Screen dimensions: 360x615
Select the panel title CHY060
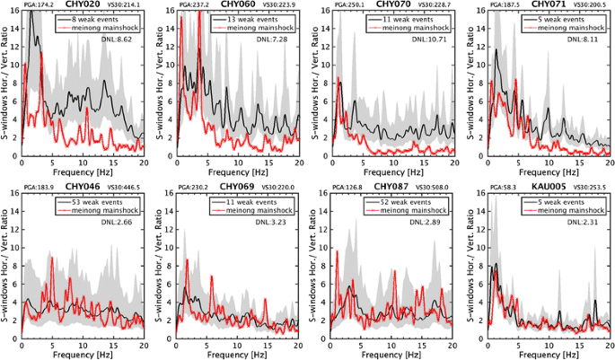[x=239, y=4]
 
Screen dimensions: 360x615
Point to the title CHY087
[x=392, y=187]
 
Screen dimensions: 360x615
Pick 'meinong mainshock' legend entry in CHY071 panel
[x=565, y=27]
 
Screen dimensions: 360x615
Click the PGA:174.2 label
[x=33, y=5]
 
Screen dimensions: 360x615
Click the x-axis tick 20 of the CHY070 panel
[x=452, y=163]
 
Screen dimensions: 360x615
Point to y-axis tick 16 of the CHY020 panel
[x=13, y=11]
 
